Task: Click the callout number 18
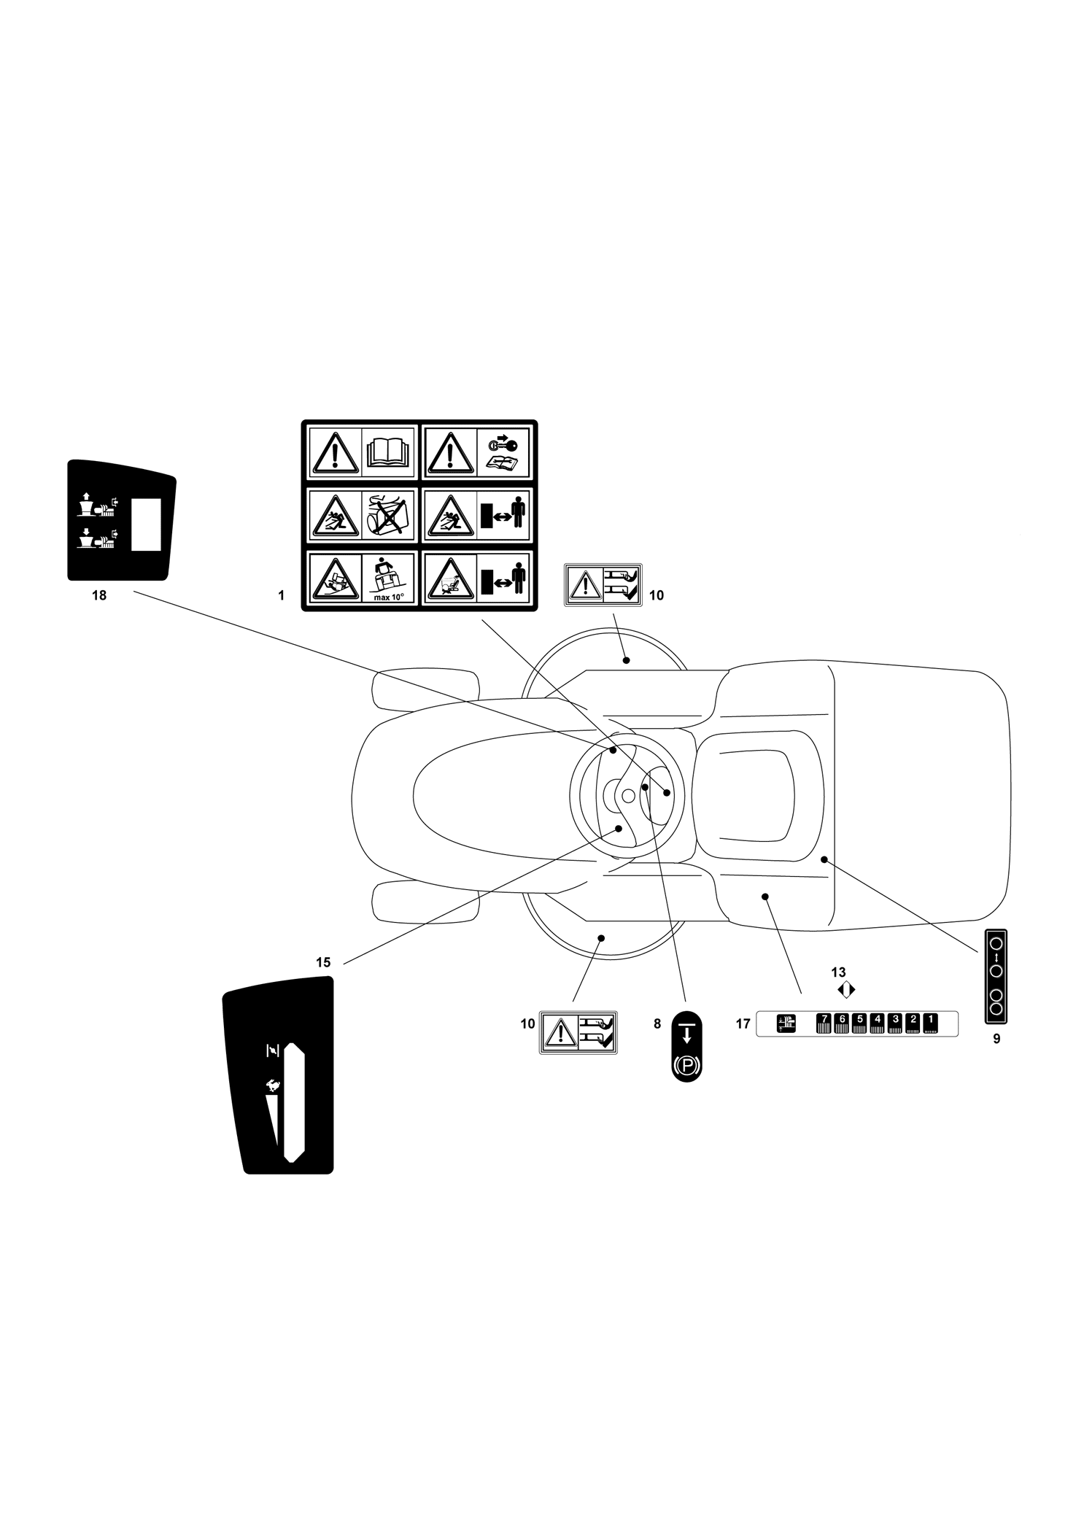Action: coord(99,595)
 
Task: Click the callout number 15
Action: coord(323,962)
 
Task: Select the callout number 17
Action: coord(743,1024)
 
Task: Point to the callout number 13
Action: coord(838,972)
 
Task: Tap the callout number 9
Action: coord(996,1039)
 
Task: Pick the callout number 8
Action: coord(657,1024)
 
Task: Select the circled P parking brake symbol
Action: coord(686,1067)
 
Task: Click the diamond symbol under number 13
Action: coord(846,990)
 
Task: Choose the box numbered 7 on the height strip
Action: coord(824,1024)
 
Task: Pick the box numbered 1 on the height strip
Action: coord(930,1024)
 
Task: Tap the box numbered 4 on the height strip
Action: coord(878,1024)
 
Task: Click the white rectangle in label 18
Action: coord(146,524)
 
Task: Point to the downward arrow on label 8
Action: coord(686,1033)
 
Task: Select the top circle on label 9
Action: coord(996,943)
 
